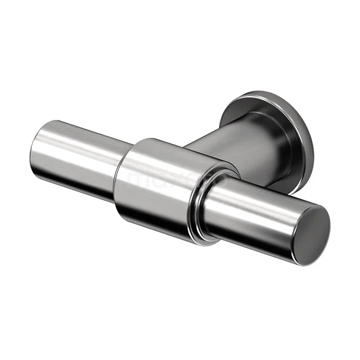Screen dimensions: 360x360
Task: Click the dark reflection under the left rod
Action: [x=79, y=186]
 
